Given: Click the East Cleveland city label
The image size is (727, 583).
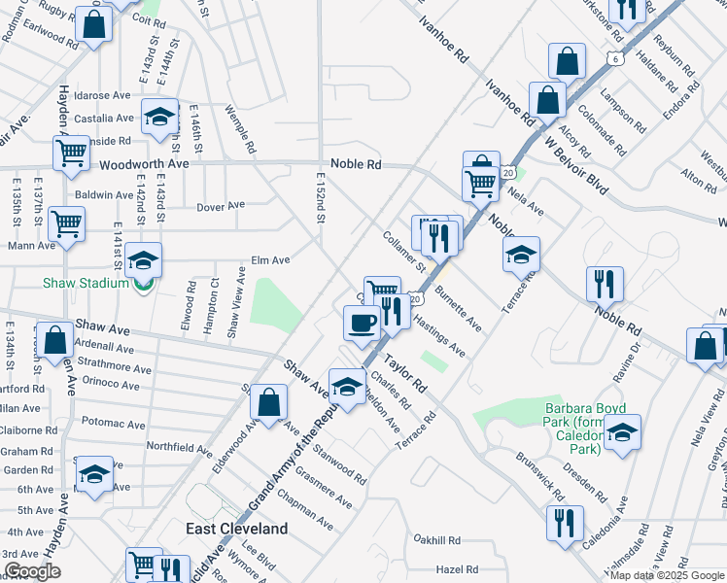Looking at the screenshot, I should pyautogui.click(x=237, y=529).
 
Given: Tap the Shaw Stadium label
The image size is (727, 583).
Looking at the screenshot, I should pyautogui.click(x=86, y=283).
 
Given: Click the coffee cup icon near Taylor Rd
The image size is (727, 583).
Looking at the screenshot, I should pyautogui.click(x=363, y=323).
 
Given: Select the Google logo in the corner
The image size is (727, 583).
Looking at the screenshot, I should pyautogui.click(x=31, y=572).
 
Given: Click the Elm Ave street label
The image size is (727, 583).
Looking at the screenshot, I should pyautogui.click(x=271, y=260).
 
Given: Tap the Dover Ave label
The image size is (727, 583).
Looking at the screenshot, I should pyautogui.click(x=221, y=206).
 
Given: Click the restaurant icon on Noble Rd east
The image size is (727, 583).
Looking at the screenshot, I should pyautogui.click(x=605, y=283).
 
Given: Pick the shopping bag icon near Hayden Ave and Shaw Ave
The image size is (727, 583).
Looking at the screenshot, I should pyautogui.click(x=55, y=340).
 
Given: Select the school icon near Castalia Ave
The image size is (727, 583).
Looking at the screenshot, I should pyautogui.click(x=159, y=117).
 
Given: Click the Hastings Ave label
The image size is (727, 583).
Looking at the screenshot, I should pyautogui.click(x=439, y=334).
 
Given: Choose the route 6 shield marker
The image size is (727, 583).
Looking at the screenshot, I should pyautogui.click(x=615, y=59).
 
